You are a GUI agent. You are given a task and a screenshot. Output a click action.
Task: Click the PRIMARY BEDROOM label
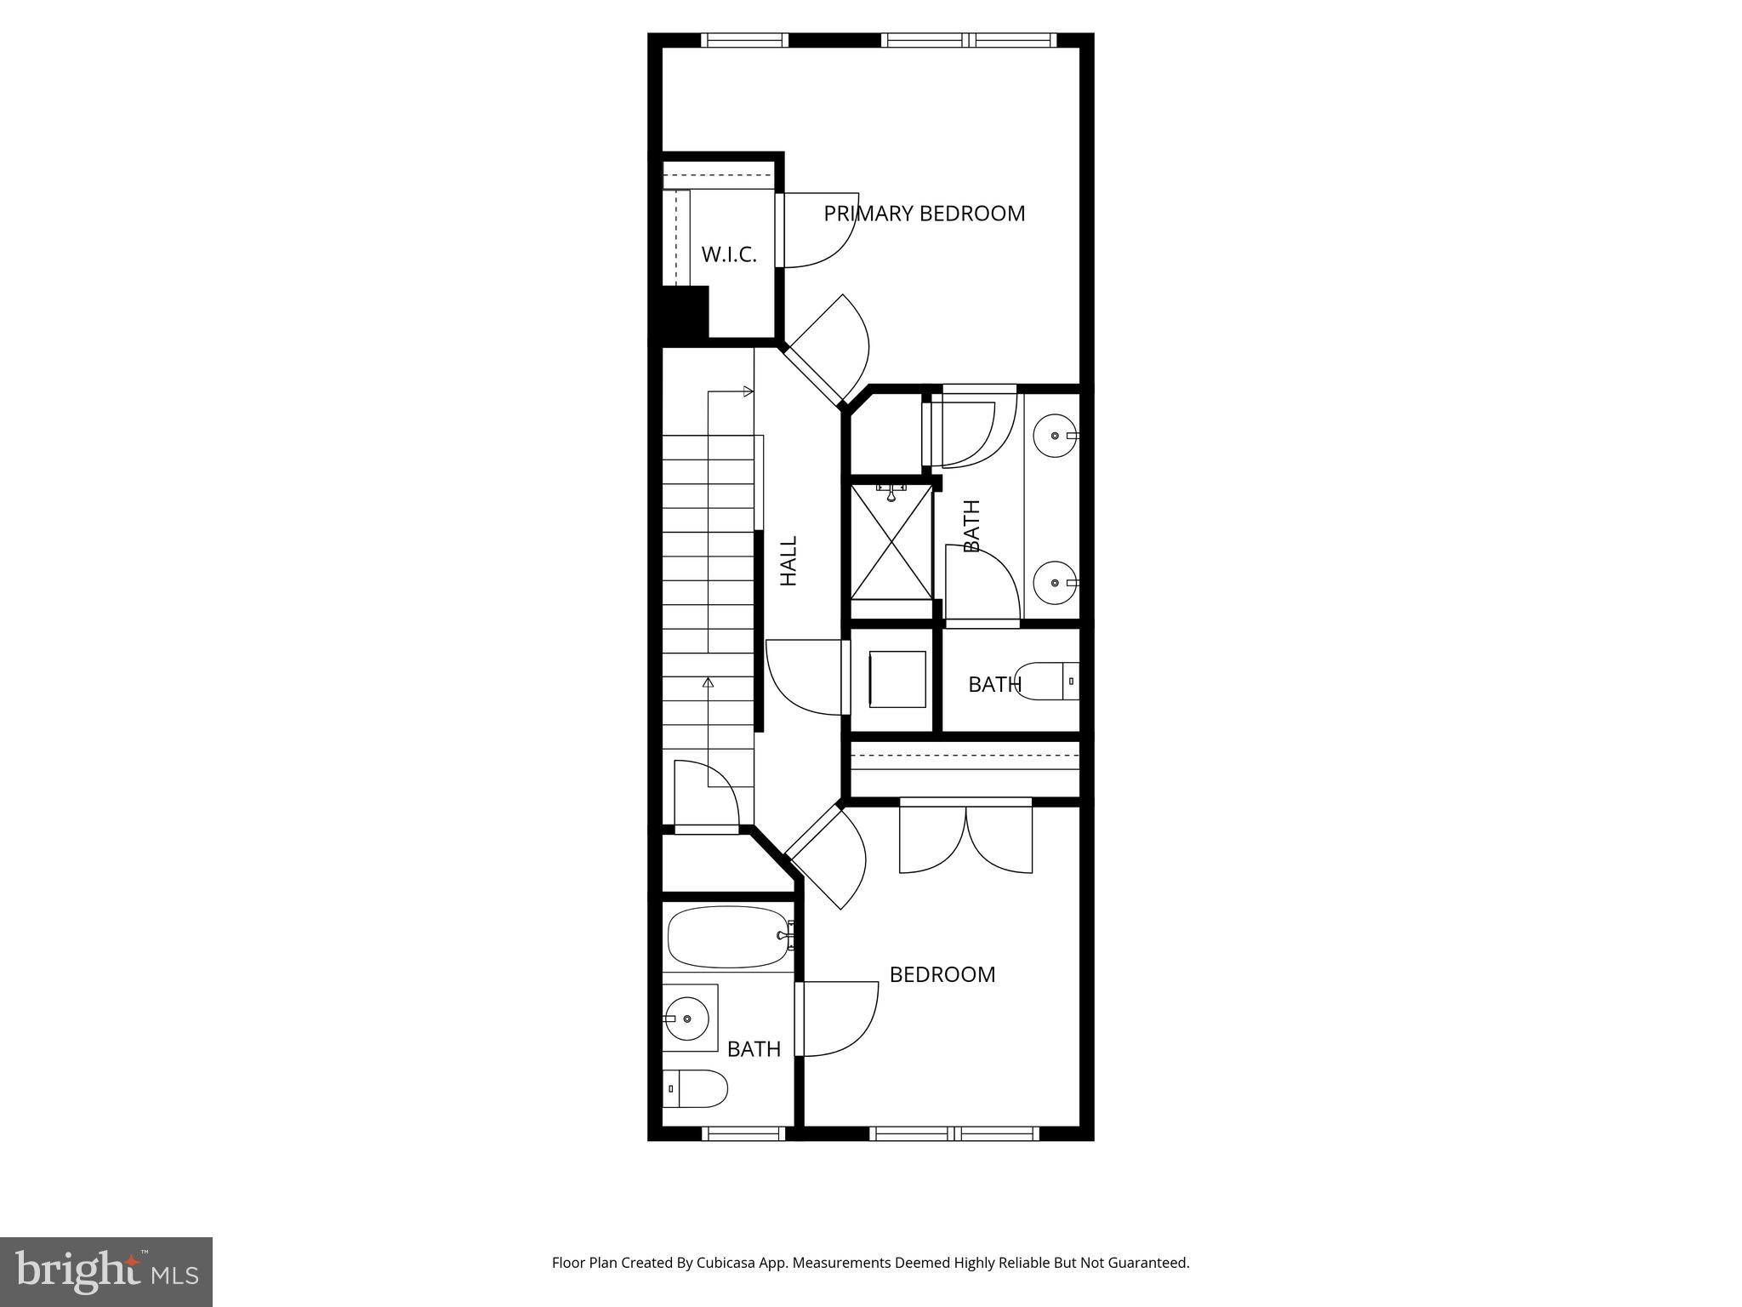click(924, 214)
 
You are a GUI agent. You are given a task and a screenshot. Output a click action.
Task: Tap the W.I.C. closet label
click(729, 254)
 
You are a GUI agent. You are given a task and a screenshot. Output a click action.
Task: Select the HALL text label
click(789, 561)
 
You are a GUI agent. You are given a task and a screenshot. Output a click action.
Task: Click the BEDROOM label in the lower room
click(942, 974)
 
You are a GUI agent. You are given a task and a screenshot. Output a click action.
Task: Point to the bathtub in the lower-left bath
click(728, 937)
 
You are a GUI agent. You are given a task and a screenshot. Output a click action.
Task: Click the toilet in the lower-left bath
click(697, 1088)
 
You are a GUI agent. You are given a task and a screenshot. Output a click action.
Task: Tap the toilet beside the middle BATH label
click(1048, 681)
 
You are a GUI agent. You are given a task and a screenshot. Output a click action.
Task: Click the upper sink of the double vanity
click(1056, 436)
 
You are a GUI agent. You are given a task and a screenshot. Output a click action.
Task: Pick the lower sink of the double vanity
click(1056, 583)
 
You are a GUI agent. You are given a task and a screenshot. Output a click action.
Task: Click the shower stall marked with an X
click(891, 541)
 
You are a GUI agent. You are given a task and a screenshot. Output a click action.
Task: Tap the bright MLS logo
click(106, 1271)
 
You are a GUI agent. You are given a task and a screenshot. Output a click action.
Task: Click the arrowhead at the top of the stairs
click(749, 391)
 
